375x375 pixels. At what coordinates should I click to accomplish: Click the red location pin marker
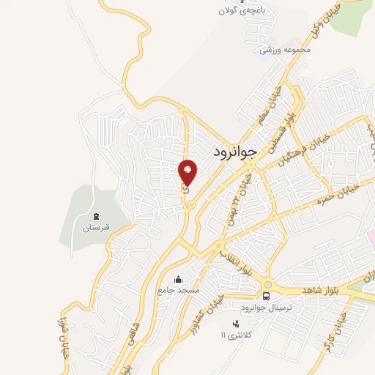[x=188, y=173]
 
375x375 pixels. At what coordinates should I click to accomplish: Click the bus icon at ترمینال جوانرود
[x=266, y=296]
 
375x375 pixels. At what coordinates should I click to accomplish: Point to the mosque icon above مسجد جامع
[x=179, y=279]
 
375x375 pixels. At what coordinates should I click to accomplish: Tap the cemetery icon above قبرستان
[x=94, y=216]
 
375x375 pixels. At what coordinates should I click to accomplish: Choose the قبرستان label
[x=95, y=227]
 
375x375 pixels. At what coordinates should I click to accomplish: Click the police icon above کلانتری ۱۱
[x=235, y=323]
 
